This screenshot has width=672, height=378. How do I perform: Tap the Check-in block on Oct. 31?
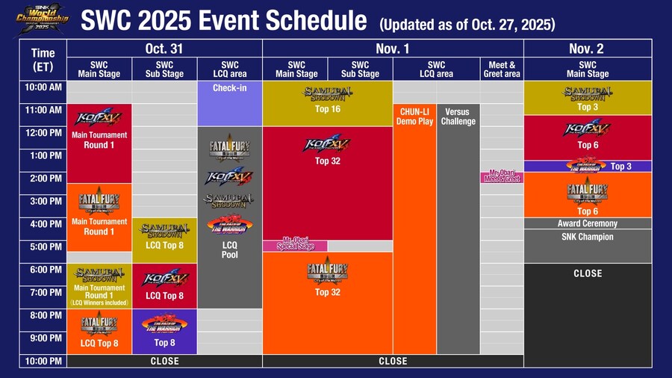[x=230, y=88]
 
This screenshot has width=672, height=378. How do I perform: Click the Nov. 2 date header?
[x=587, y=49]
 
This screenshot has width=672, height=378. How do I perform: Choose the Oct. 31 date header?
[x=164, y=49]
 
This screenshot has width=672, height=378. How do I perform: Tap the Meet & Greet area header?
[x=501, y=69]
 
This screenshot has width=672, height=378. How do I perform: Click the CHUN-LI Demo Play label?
[x=415, y=117]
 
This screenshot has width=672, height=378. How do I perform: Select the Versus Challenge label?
[x=458, y=117]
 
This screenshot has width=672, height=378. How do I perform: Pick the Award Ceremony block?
[x=587, y=223]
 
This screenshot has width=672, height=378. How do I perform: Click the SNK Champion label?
[x=587, y=237]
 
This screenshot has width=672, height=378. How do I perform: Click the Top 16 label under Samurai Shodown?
[x=328, y=109]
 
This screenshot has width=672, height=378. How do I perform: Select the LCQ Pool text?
[x=230, y=250]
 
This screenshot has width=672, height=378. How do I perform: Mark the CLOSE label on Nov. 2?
[x=587, y=273]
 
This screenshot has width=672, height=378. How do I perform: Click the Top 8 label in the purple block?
[x=164, y=343]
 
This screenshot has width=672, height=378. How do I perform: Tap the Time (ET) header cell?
[x=43, y=60]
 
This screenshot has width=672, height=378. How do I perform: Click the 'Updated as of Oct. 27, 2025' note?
[x=467, y=25]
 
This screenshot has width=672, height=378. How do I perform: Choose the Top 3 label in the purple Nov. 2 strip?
[x=620, y=166]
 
